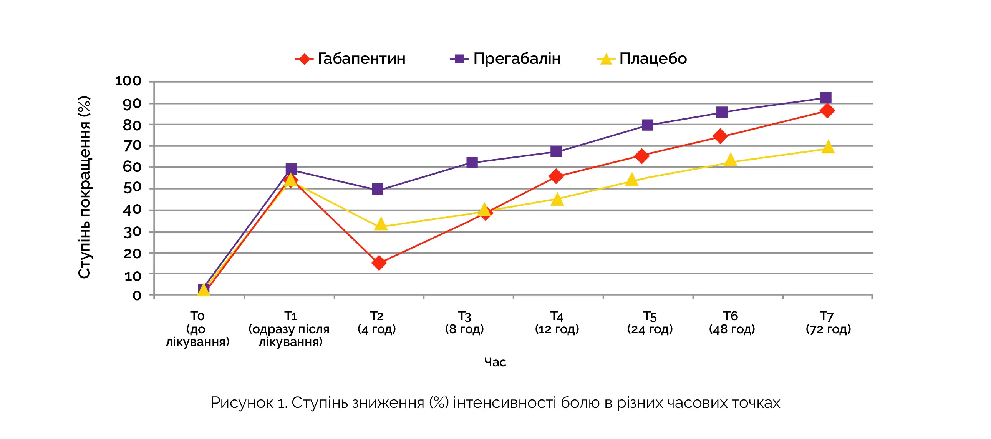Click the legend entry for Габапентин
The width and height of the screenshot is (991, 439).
point(350,59)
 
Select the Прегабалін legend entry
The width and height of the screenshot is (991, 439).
point(505,59)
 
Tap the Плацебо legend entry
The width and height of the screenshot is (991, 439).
point(642,59)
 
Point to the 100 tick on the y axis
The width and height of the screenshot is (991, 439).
point(129,81)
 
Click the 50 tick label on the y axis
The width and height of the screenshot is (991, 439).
point(132,188)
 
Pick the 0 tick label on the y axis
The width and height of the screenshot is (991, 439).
point(137,295)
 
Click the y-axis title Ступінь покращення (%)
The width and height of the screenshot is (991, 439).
point(84,187)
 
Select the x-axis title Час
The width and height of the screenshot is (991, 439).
point(495,362)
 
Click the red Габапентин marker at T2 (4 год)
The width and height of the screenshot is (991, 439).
point(379,263)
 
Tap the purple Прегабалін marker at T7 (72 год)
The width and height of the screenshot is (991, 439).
point(825,98)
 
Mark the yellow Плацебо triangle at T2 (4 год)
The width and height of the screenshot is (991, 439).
point(381,224)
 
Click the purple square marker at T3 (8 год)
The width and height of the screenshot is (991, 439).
point(472,163)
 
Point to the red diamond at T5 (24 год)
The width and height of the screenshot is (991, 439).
point(642,156)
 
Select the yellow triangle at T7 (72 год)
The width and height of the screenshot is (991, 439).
point(828,147)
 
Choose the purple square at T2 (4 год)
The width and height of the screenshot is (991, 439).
point(378,189)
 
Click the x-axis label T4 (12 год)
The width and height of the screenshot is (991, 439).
point(557,322)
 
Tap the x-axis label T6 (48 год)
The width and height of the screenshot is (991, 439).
point(731,322)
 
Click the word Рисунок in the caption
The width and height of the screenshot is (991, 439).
point(242,403)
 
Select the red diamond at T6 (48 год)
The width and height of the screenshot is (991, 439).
point(720,136)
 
